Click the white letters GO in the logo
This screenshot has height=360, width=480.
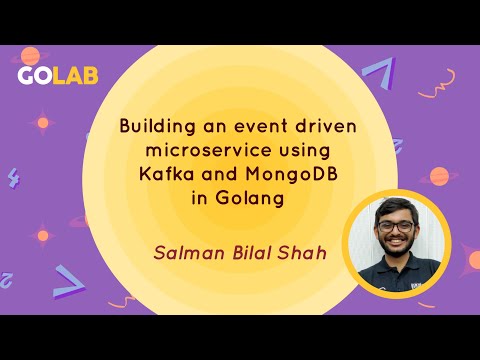pyautogui.click(x=35, y=77)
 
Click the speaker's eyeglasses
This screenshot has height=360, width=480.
pyautogui.click(x=395, y=224)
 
